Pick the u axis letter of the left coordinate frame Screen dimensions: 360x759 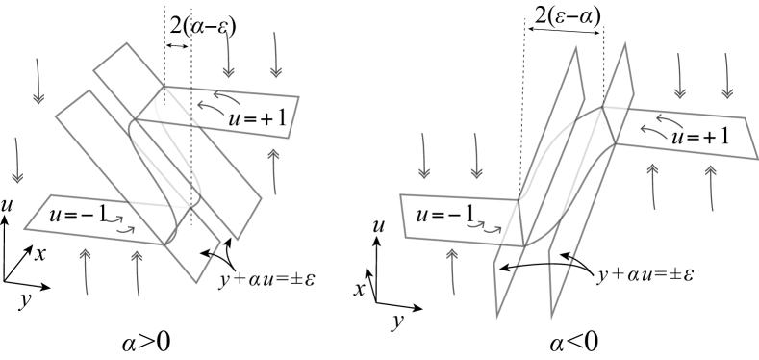pos(7,209)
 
